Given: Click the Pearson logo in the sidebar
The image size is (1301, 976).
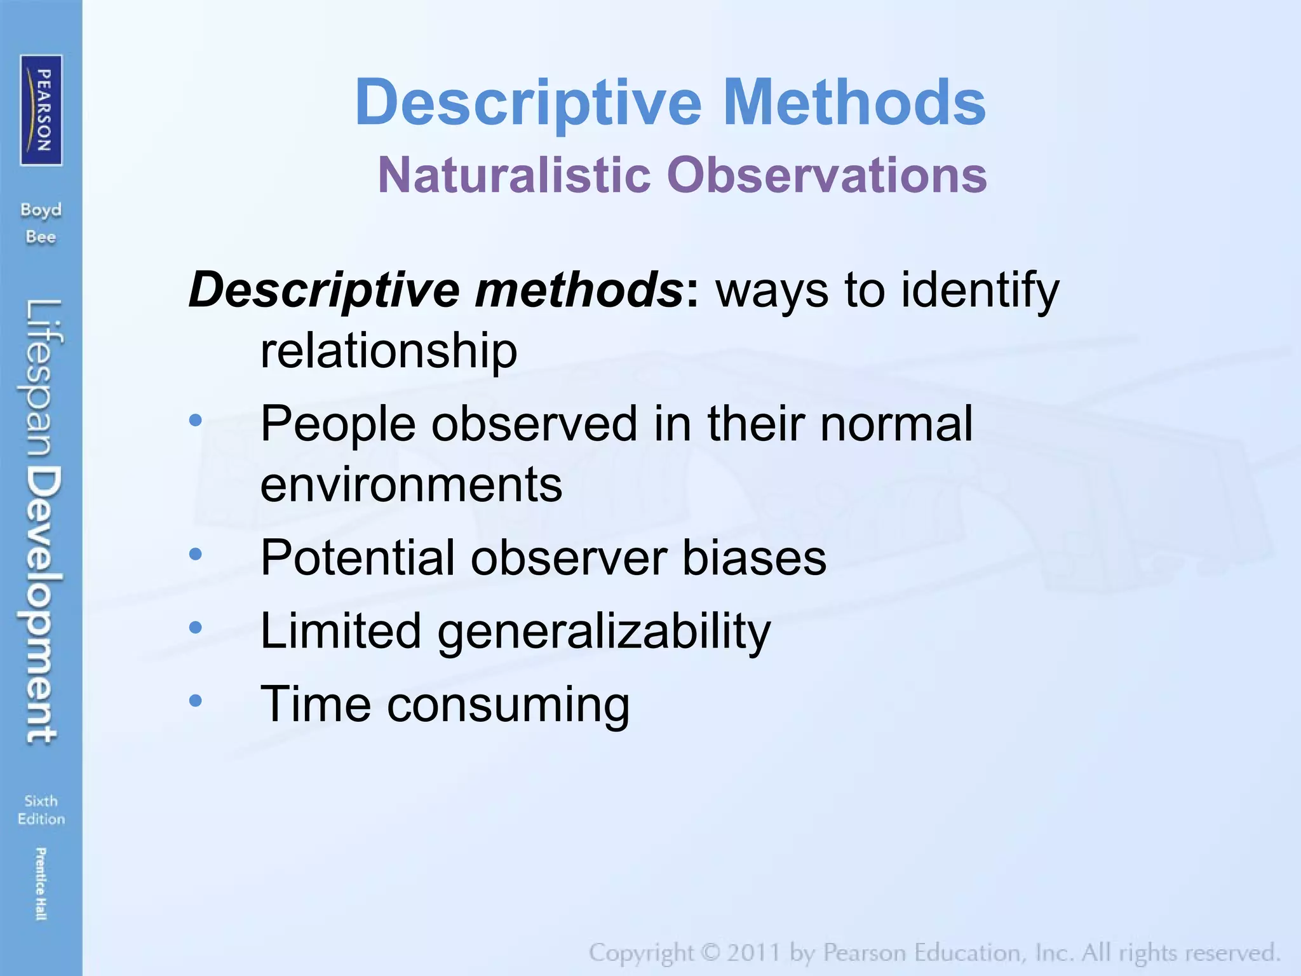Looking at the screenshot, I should tap(41, 111).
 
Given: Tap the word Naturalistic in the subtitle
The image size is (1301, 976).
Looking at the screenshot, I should tap(515, 175).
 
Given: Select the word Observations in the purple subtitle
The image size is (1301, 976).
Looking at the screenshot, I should tap(826, 175).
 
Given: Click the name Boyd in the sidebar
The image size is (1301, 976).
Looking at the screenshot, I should tap(41, 210).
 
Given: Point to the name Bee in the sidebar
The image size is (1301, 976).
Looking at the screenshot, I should tap(41, 237).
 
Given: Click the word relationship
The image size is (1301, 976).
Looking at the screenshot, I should tap(389, 351).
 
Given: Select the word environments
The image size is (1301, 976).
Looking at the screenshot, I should tap(411, 485).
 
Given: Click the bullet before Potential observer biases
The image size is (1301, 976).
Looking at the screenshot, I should tap(196, 555).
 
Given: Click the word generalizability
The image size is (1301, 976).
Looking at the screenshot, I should tap(604, 632).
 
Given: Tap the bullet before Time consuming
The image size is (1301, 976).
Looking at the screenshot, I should tap(196, 701).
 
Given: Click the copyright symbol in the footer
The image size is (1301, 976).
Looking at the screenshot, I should tap(710, 952).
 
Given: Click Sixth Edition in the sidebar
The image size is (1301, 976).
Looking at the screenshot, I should tap(41, 810).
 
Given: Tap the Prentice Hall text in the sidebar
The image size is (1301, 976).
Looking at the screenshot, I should tap(41, 883).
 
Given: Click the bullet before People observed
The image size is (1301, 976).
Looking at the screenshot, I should tap(196, 420).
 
